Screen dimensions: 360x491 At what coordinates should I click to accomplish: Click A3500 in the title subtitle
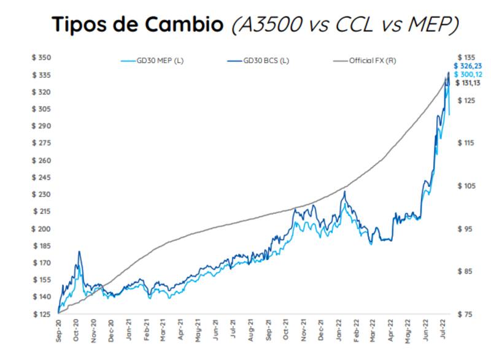pyautogui.click(x=269, y=25)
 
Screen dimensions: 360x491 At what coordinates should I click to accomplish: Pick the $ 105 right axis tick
pyautogui.click(x=466, y=186)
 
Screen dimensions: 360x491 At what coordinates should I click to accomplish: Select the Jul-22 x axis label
pyautogui.click(x=443, y=330)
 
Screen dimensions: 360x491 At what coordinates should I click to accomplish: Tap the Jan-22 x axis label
pyautogui.click(x=339, y=330)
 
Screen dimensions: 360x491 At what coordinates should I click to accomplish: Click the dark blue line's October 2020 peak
pyautogui.click(x=79, y=251)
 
